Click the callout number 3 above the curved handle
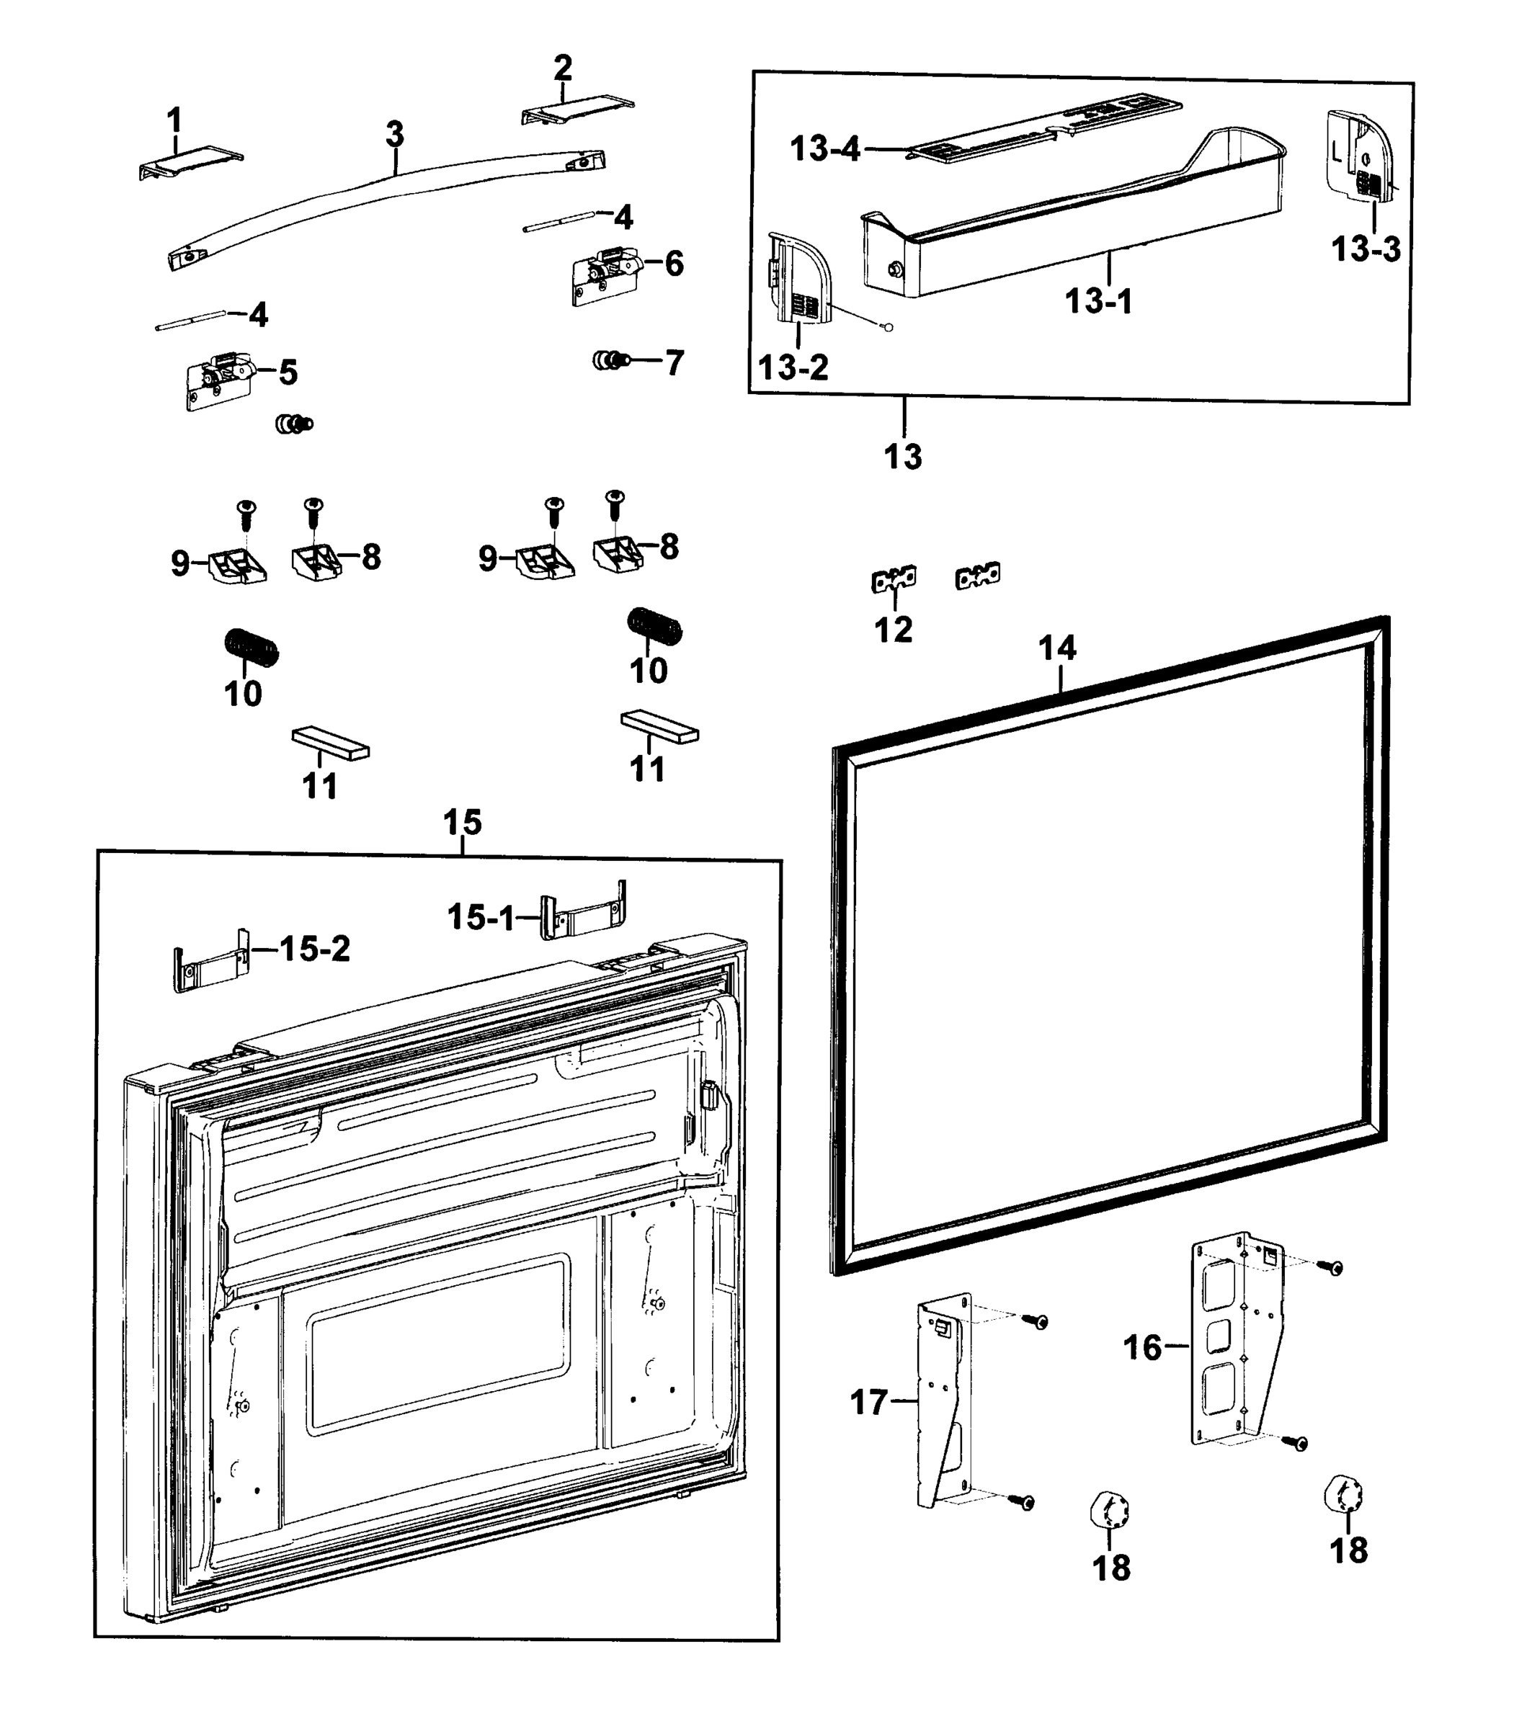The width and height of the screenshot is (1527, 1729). tap(394, 135)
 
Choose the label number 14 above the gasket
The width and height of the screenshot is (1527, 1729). tap(1056, 648)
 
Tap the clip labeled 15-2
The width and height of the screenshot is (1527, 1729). tap(210, 961)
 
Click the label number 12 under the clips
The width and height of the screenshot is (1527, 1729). tap(893, 630)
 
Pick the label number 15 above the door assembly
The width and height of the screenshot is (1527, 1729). tap(462, 822)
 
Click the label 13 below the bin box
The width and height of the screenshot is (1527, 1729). tap(903, 457)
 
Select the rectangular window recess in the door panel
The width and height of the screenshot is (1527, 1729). tap(438, 1341)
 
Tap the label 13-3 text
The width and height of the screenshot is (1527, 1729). tap(1366, 249)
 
